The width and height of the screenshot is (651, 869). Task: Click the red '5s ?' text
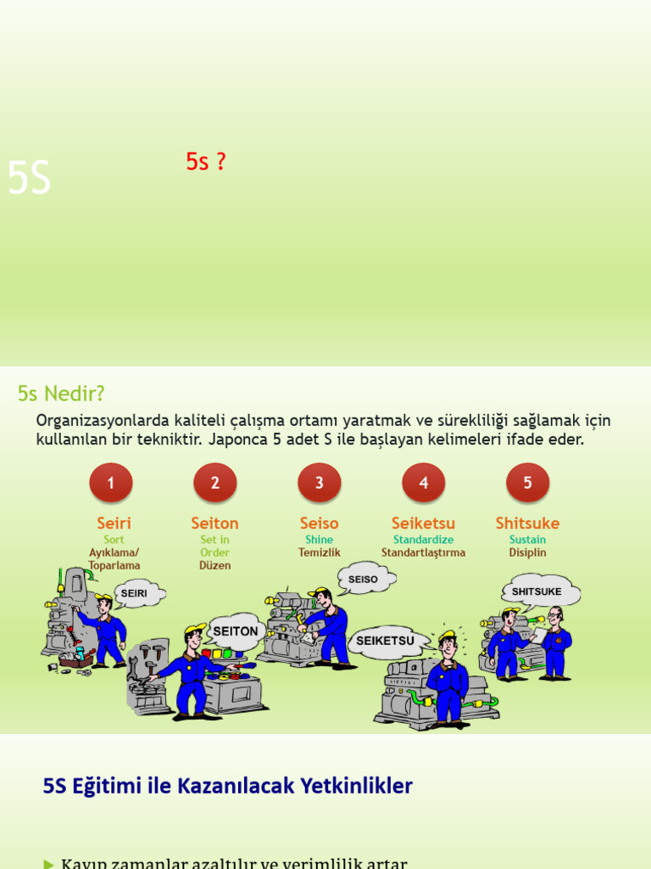coord(206,162)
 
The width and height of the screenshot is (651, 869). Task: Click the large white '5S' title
coord(29,179)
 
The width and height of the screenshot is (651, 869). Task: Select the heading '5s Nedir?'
coord(61,394)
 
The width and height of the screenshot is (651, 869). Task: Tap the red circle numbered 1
coord(111,483)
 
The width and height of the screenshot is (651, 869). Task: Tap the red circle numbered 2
coord(215,483)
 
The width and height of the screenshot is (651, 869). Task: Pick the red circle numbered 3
coord(320,483)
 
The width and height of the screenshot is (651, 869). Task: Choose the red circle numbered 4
coord(424,483)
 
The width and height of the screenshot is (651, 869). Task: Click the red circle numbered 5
coord(527,483)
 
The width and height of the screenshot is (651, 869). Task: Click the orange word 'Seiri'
coord(114,524)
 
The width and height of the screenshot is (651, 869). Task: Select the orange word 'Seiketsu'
coord(423,524)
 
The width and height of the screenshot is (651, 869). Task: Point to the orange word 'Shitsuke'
coord(527,524)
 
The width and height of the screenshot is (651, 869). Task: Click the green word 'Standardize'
coord(423,540)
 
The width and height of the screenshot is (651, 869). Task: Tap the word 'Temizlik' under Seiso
coord(319,552)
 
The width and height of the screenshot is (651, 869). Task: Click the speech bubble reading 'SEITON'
coord(236,631)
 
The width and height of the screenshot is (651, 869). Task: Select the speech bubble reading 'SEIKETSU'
coord(386,641)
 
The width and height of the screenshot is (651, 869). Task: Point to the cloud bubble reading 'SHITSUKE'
coord(537,591)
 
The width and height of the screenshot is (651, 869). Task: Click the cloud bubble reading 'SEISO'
coord(364,580)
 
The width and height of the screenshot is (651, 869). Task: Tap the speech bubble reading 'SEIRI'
coord(135,594)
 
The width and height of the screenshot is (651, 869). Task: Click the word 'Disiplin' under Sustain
coord(527,552)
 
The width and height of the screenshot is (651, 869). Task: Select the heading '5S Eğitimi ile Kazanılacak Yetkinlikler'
coord(227,786)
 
